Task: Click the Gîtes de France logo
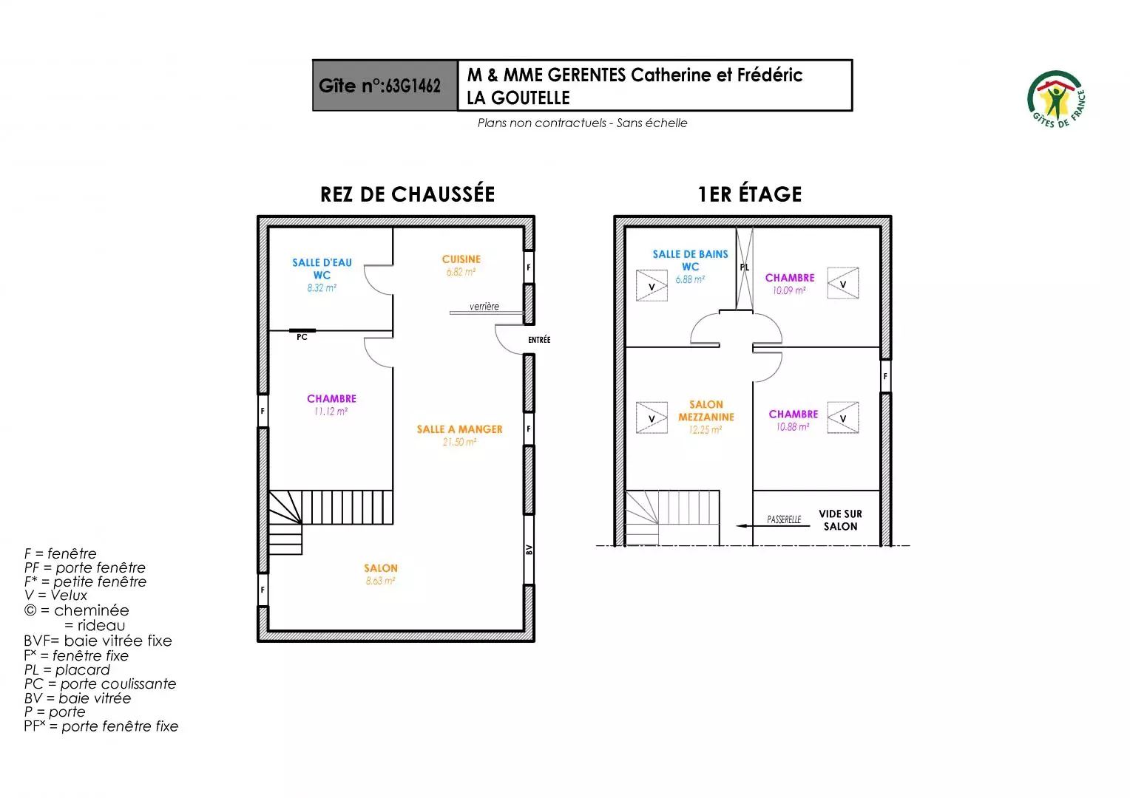(x=1056, y=99)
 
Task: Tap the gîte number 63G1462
(x=413, y=86)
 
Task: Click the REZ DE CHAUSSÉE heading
(x=407, y=194)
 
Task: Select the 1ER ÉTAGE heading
(x=750, y=194)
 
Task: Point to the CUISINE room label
(x=461, y=259)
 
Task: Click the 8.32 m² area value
(x=322, y=288)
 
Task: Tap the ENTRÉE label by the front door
(x=539, y=340)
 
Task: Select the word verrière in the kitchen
(x=484, y=306)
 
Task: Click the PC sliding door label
(x=302, y=337)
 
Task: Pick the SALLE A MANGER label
(x=459, y=429)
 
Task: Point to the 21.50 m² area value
(x=459, y=442)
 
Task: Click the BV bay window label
(x=530, y=550)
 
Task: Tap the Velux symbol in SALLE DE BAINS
(x=652, y=286)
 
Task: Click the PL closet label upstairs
(x=745, y=267)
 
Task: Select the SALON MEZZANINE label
(x=706, y=411)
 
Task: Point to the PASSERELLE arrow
(x=773, y=526)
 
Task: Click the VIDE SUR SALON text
(x=840, y=520)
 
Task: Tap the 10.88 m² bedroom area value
(x=793, y=427)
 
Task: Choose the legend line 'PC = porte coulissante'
(x=100, y=684)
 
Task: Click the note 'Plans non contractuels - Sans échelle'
(x=582, y=123)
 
